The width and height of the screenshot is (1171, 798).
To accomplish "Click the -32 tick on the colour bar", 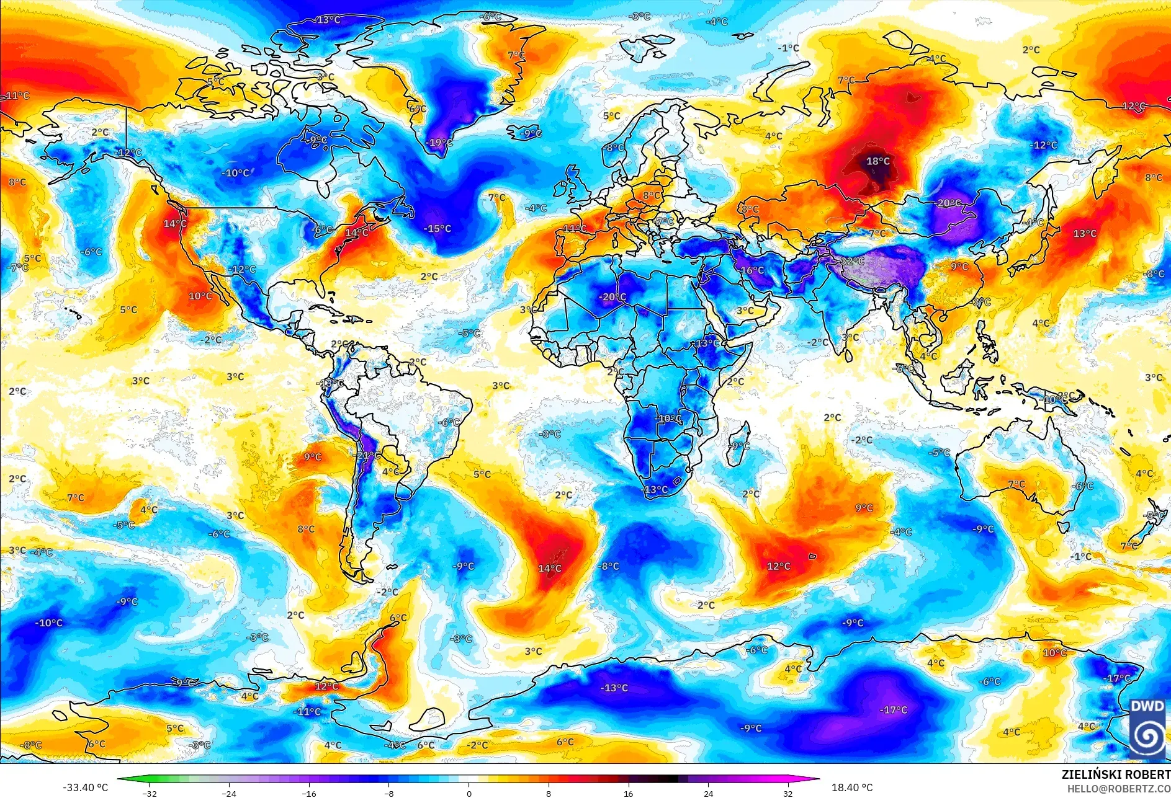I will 150,793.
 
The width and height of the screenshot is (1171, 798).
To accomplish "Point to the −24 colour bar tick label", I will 230,793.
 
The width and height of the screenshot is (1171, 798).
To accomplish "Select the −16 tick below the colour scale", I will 309,793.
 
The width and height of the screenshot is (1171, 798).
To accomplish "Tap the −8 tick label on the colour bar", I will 389,793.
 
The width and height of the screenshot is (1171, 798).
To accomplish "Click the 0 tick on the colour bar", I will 469,793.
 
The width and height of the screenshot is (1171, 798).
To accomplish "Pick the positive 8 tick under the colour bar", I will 549,793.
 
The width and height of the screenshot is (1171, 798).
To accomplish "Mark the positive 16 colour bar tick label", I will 629,793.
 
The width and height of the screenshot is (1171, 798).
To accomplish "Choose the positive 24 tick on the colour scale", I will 708,793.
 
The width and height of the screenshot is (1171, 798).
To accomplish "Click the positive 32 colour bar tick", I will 788,793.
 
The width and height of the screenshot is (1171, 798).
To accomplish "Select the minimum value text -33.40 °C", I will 85,787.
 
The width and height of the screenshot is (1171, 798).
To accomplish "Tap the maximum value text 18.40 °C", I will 852,787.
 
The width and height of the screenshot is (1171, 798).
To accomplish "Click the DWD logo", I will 1147,728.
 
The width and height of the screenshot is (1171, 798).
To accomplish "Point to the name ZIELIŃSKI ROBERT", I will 1115,774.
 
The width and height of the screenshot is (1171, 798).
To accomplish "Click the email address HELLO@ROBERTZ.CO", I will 1118,788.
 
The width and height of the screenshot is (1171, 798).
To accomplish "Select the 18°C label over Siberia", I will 878,161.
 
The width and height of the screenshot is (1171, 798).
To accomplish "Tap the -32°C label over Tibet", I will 852,261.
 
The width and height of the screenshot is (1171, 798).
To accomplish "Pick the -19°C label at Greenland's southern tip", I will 439,143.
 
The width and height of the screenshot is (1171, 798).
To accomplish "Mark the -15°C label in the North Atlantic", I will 437,229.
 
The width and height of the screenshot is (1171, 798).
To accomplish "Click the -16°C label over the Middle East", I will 752,270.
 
